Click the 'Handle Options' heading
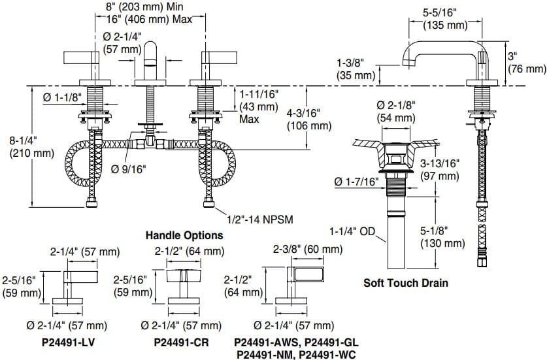184,235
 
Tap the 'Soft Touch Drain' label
405,283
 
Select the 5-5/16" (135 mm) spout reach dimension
444,19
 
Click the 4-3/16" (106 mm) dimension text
310,119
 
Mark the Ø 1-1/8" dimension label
61,97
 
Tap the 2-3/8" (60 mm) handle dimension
307,249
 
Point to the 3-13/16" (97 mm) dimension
439,170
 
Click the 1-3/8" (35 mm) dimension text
356,69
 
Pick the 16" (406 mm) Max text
150,19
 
